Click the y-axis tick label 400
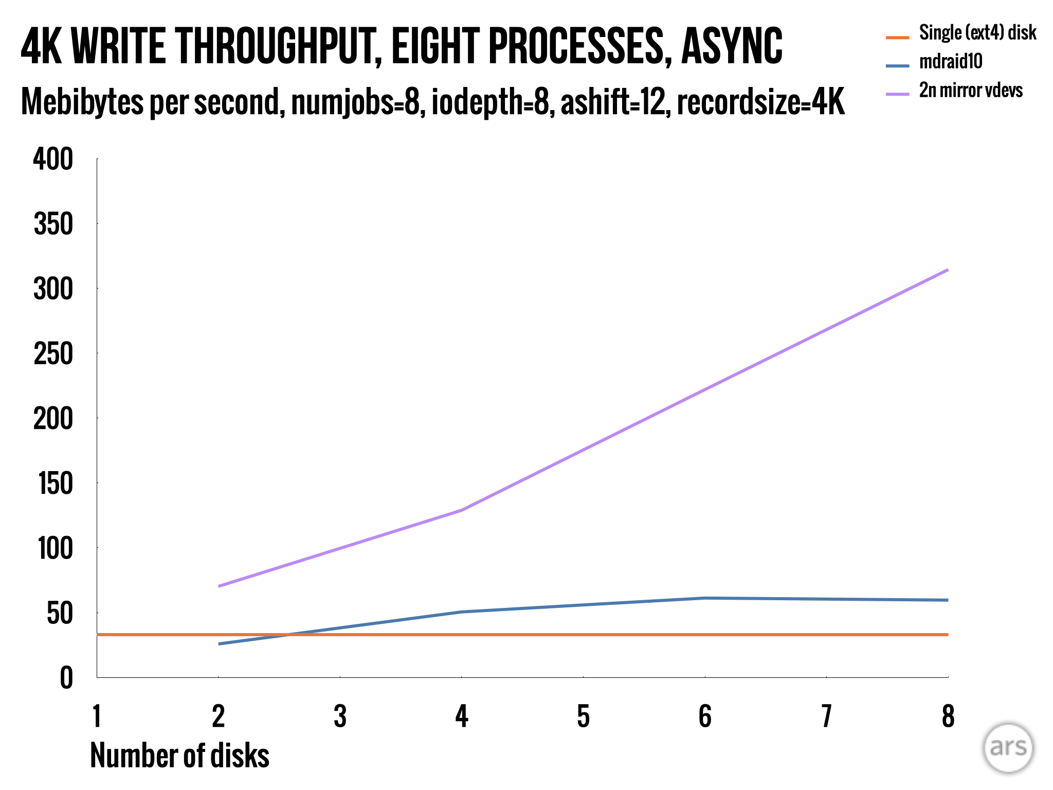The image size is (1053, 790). click(x=53, y=159)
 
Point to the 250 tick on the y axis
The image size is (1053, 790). click(x=53, y=354)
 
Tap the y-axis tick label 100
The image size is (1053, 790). click(x=55, y=549)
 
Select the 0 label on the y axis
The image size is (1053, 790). click(x=66, y=678)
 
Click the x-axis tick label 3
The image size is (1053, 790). click(x=340, y=716)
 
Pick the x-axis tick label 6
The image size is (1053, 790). click(x=704, y=716)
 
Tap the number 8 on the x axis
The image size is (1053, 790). click(x=948, y=716)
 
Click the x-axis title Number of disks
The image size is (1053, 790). click(x=179, y=756)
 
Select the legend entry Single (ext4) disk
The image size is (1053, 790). click(x=977, y=33)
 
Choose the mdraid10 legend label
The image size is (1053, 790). click(x=950, y=62)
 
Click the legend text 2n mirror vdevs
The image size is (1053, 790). click(x=971, y=91)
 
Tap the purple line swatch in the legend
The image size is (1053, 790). click(x=897, y=94)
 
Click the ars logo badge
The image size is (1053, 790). click(x=1008, y=748)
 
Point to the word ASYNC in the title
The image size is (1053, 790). click(x=731, y=46)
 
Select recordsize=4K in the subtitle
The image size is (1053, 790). click(x=761, y=102)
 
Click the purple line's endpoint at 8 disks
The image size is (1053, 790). click(x=948, y=270)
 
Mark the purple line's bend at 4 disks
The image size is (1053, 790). click(x=462, y=510)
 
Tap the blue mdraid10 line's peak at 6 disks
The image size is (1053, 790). click(x=704, y=598)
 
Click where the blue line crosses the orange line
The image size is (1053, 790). click(x=288, y=635)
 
